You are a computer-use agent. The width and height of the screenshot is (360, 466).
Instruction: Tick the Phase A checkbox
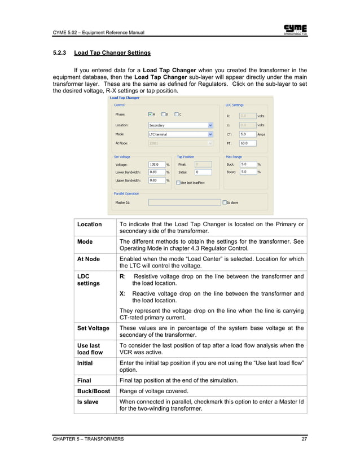150,115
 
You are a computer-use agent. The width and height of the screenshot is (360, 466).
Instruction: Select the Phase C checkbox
177,115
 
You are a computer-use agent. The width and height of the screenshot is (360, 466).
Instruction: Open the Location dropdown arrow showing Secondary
210,125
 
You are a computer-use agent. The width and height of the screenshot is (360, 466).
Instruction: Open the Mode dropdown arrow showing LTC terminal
210,135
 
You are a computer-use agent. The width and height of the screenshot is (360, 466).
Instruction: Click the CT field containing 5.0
247,135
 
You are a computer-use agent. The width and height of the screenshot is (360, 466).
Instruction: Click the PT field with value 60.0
247,144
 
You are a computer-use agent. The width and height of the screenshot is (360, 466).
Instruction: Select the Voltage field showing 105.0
156,164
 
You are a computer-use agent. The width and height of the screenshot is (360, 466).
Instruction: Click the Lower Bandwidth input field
156,172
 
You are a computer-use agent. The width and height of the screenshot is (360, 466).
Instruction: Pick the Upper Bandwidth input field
156,181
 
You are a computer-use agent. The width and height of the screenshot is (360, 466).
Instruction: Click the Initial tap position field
203,172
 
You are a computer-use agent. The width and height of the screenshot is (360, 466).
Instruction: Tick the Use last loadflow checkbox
178,183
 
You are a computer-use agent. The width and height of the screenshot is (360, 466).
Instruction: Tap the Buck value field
247,164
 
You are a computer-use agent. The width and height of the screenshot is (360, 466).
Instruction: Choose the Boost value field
247,172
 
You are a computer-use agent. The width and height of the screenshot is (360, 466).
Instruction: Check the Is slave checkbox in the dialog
225,202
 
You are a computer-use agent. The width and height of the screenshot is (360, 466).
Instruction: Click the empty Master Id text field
184,202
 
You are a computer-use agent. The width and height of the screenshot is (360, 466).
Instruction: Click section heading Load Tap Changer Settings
112,54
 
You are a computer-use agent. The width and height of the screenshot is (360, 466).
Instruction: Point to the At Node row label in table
89,259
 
